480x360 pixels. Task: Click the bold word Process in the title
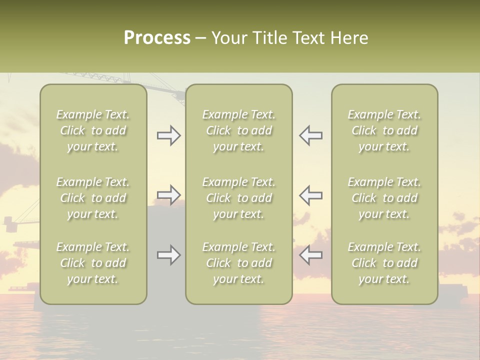[157, 38]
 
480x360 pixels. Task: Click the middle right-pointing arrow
[169, 195]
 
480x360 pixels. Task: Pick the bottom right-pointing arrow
[169, 255]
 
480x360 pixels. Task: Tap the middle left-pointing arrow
[310, 195]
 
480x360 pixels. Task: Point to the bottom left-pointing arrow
[310, 255]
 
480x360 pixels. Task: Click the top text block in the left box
[93, 130]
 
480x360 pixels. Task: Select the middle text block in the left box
[93, 198]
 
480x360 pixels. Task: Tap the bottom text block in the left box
[93, 263]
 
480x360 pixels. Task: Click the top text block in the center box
[239, 130]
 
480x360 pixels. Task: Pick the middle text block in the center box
[239, 198]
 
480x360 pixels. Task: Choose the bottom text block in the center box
[239, 263]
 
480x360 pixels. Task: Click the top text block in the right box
[384, 130]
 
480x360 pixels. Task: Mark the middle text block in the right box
[384, 198]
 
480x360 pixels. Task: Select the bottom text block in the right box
[384, 263]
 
